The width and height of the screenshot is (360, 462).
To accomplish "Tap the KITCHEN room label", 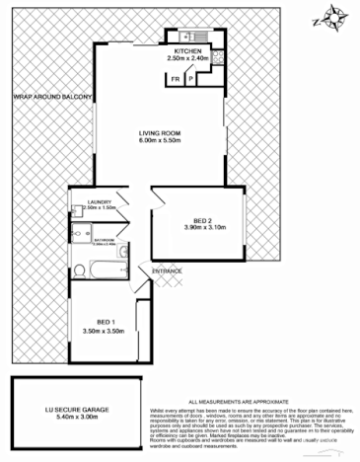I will tap(188, 50).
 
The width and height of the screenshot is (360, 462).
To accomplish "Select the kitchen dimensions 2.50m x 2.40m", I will tap(188, 58).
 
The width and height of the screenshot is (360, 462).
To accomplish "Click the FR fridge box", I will tap(176, 77).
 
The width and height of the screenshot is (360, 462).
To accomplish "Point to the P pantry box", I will tap(191, 77).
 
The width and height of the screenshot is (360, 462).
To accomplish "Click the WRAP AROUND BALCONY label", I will tap(51, 98).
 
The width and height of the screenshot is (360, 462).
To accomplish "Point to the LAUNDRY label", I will tap(101, 200).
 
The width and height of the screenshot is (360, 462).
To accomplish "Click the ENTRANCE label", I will tap(167, 269).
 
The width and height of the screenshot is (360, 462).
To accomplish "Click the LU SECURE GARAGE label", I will tap(76, 409).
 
